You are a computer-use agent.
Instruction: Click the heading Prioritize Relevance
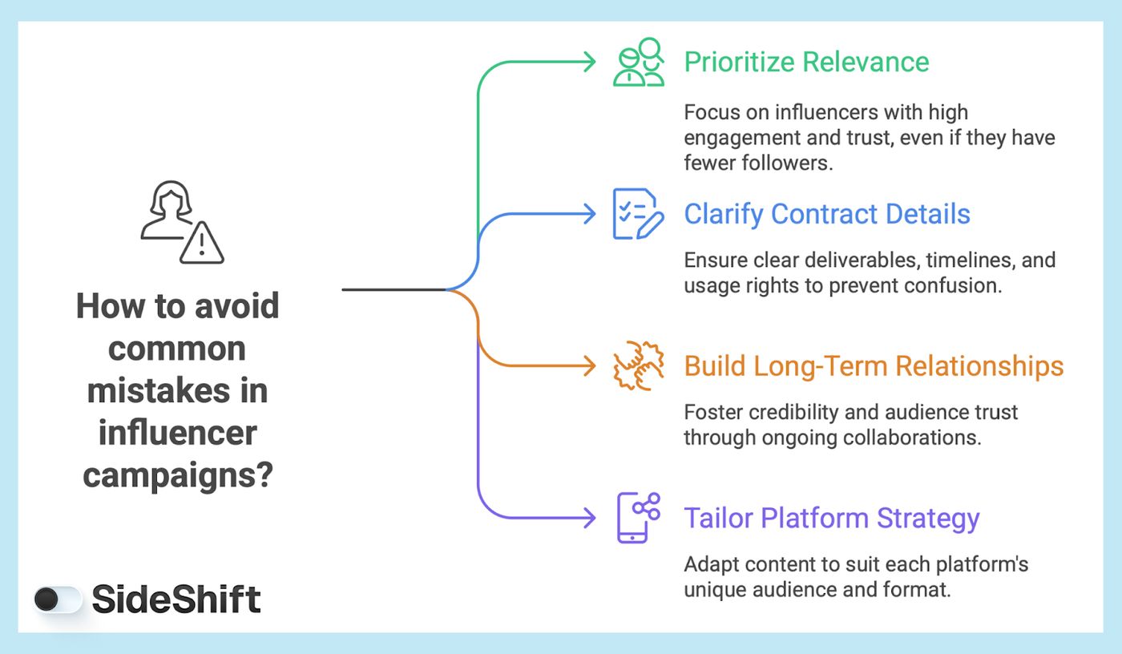tap(806, 62)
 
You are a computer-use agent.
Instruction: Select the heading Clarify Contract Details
tap(826, 214)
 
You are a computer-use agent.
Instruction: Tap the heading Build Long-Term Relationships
tap(874, 366)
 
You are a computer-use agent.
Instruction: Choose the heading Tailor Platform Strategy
tap(831, 518)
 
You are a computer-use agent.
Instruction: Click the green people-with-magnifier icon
tap(639, 62)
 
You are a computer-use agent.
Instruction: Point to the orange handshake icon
tap(638, 366)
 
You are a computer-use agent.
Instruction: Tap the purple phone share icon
tap(638, 518)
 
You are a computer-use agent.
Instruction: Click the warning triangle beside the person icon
tap(202, 242)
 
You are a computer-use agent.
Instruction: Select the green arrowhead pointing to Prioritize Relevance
tap(590, 62)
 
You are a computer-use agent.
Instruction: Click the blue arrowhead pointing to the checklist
tap(590, 214)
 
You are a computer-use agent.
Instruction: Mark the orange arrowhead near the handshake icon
tap(590, 366)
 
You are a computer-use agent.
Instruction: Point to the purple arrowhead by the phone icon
tap(590, 518)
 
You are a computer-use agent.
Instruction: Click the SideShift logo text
tap(176, 599)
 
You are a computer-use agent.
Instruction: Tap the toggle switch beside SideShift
tap(58, 599)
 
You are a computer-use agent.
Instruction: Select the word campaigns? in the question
tap(178, 475)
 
